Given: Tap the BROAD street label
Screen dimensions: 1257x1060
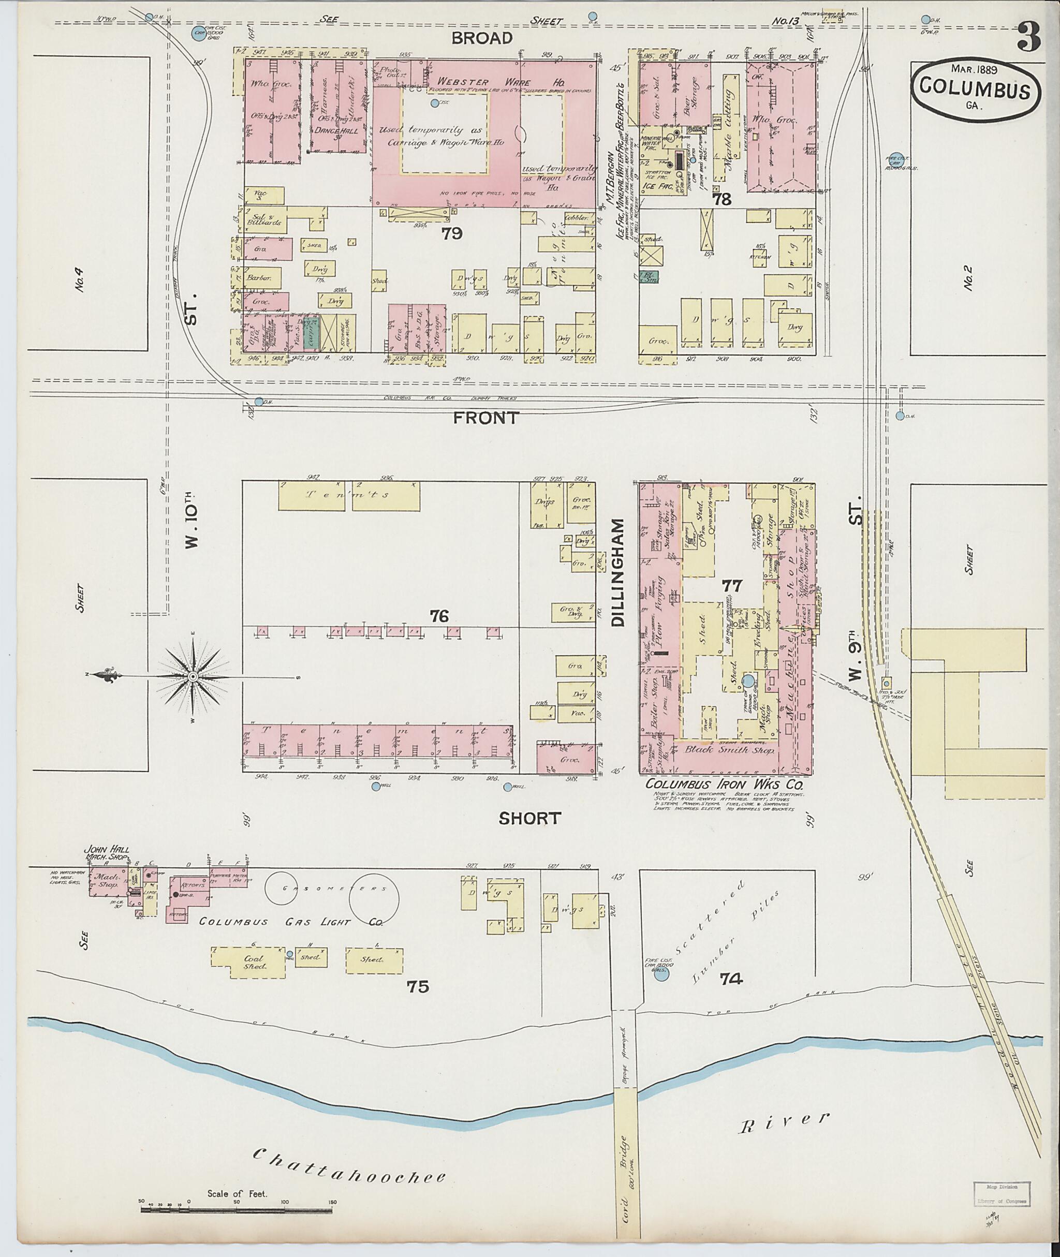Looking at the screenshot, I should [482, 38].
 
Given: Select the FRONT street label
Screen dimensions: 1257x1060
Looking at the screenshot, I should [485, 418].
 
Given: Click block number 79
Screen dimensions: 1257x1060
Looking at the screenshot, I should [451, 234].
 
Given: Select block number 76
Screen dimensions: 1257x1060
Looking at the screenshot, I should [439, 616].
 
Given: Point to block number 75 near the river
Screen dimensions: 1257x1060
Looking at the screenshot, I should [418, 986].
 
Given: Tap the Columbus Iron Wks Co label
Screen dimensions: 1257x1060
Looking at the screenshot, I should [724, 786].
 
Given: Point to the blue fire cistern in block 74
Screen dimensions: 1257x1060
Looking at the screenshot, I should [661, 973].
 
